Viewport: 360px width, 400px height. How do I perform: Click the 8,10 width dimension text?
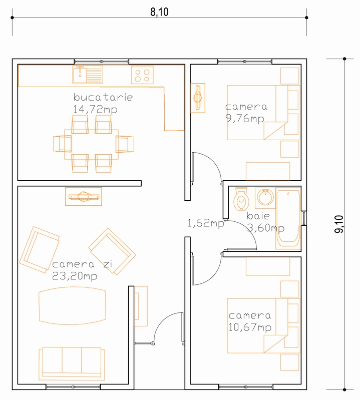click(159, 12)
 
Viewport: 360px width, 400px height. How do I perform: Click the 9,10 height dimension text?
click(339, 224)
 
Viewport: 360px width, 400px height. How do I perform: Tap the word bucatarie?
click(103, 97)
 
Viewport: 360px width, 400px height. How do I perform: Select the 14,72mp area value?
click(95, 109)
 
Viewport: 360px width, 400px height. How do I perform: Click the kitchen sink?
click(88, 75)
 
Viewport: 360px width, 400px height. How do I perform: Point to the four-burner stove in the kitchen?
click(142, 75)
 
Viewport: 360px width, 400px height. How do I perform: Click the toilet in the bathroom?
click(241, 199)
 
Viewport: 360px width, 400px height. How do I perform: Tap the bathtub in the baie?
click(288, 219)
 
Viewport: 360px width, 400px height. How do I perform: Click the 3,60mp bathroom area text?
click(266, 228)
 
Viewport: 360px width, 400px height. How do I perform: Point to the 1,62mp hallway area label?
click(206, 223)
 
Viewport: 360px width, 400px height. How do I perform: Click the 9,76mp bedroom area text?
click(245, 119)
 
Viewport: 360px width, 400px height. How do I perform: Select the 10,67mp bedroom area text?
click(250, 327)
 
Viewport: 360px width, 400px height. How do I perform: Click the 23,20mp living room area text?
click(75, 276)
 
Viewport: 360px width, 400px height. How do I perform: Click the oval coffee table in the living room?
click(72, 305)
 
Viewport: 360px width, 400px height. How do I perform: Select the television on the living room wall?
click(84, 197)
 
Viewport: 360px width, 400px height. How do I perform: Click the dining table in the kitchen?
click(91, 144)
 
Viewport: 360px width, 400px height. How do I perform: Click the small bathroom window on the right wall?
click(304, 218)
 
